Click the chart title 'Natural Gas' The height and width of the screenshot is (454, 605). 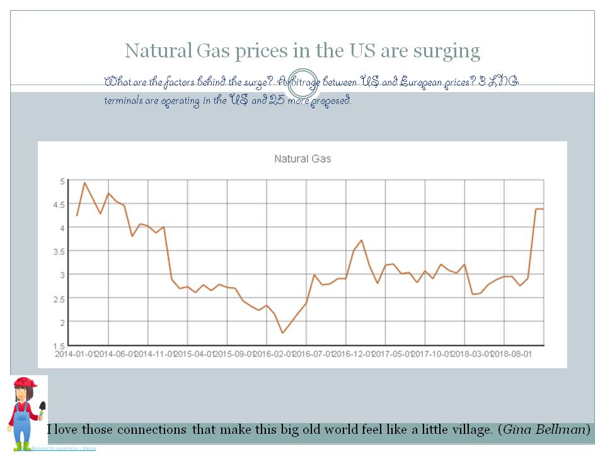pyautogui.click(x=302, y=159)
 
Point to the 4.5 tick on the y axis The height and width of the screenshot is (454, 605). pyautogui.click(x=61, y=204)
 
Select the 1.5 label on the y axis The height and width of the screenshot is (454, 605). pyautogui.click(x=61, y=346)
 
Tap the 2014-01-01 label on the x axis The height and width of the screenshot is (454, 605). pyautogui.click(x=76, y=354)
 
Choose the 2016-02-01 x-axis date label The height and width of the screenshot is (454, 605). pyautogui.click(x=274, y=354)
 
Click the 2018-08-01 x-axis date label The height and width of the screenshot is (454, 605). pyautogui.click(x=512, y=354)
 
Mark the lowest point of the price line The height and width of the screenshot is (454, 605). pyautogui.click(x=283, y=332)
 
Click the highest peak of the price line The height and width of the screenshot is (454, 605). pyautogui.click(x=85, y=183)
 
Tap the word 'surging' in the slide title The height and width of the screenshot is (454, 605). pyautogui.click(x=448, y=50)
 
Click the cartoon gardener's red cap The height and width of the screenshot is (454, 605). pyautogui.click(x=25, y=383)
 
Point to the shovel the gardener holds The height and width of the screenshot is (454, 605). pyautogui.click(x=42, y=409)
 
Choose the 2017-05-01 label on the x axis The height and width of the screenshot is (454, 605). pyautogui.click(x=393, y=354)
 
